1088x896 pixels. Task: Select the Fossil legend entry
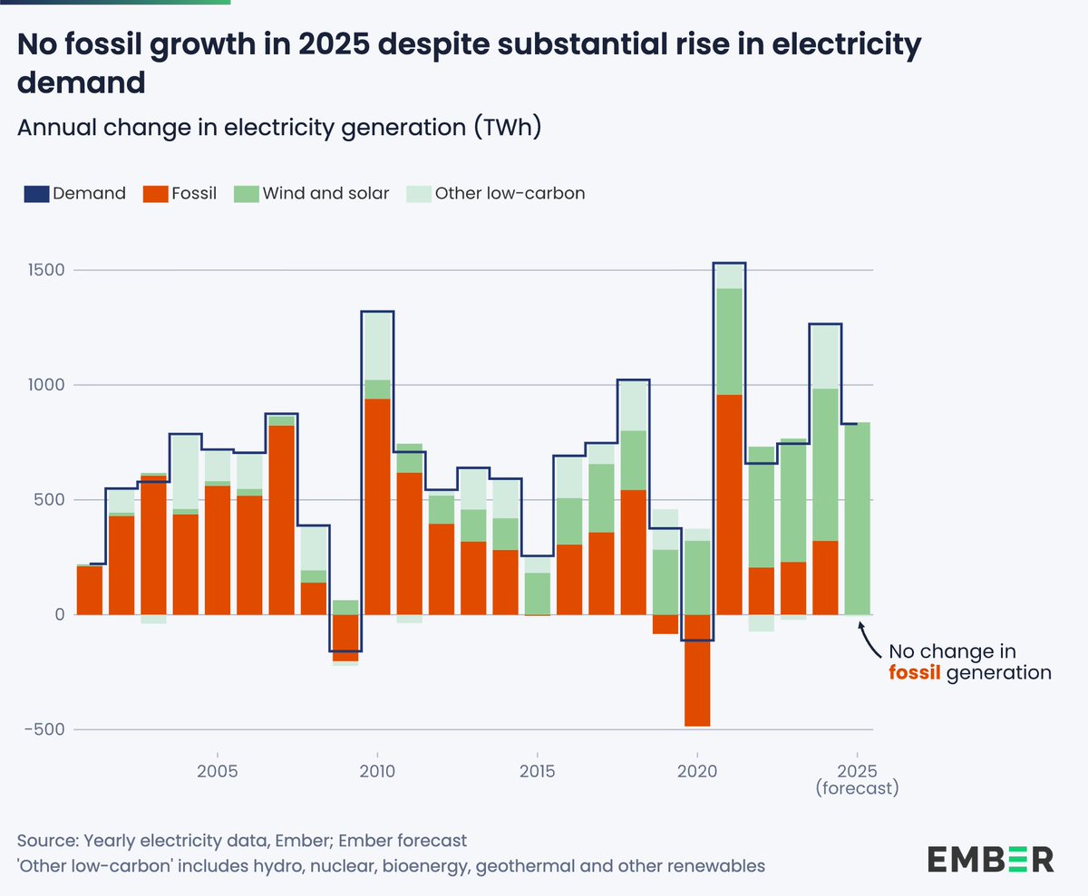(182, 193)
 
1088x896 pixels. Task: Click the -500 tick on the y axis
(44, 729)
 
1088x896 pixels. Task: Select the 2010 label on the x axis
(376, 770)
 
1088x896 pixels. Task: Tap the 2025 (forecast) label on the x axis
(857, 778)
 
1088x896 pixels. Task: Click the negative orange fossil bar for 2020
(697, 670)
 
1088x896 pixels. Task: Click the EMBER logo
(990, 858)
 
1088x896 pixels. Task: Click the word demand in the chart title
(82, 82)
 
